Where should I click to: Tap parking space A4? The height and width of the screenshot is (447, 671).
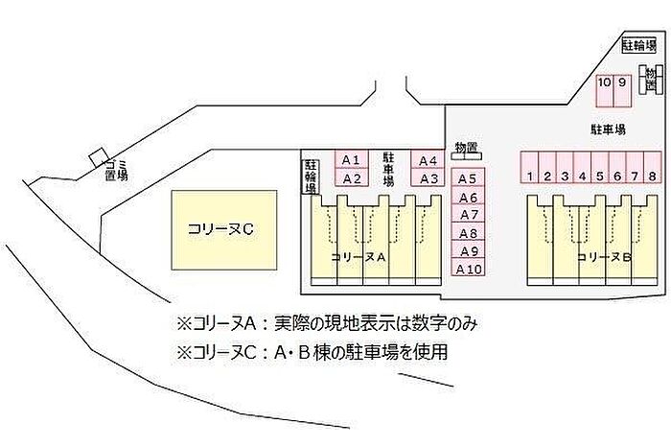428,159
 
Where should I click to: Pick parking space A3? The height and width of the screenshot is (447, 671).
428,177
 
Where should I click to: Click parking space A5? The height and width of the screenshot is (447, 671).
468,177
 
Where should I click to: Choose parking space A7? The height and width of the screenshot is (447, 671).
468,215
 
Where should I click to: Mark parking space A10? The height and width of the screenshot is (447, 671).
468,269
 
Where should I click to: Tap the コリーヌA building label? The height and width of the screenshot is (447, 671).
357,257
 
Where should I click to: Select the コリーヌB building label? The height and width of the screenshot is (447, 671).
602,257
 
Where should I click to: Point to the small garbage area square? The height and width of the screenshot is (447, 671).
97,157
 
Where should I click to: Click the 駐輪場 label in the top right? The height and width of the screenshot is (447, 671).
639,44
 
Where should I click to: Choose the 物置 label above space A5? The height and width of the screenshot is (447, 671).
467,146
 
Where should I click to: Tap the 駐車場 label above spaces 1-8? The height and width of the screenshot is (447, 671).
607,128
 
